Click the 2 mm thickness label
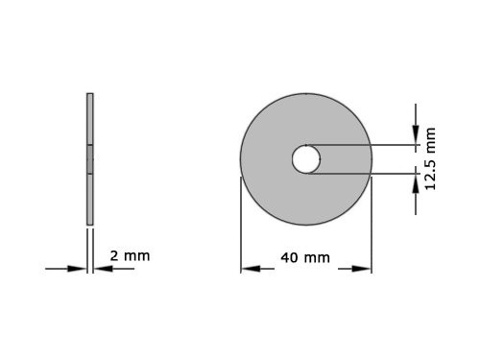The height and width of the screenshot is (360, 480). [130, 256]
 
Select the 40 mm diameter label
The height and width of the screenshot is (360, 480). [305, 257]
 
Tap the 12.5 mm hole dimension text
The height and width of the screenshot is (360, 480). [430, 158]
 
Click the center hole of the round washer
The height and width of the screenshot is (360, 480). [306, 159]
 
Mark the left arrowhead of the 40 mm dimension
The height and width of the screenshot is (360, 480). [249, 269]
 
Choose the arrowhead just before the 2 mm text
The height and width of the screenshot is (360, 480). [101, 269]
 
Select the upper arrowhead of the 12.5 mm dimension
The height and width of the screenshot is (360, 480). [415, 138]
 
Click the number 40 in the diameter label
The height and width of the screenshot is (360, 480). [289, 257]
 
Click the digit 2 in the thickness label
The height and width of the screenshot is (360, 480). [114, 256]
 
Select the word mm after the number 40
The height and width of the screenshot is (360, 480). [317, 257]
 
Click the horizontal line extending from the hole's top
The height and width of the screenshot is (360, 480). [365, 145]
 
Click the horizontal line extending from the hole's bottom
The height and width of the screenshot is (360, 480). [365, 174]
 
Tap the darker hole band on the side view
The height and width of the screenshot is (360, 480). [90, 159]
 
